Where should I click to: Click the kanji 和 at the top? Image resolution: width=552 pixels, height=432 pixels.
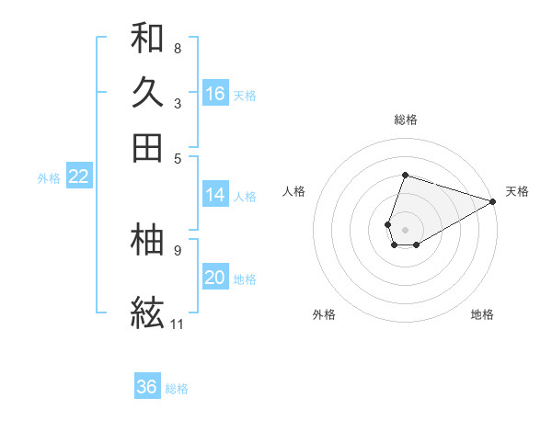pyautogui.click(x=147, y=38)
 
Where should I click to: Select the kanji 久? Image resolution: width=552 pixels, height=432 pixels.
pyautogui.click(x=147, y=92)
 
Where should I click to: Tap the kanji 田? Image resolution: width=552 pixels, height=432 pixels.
pyautogui.click(x=147, y=147)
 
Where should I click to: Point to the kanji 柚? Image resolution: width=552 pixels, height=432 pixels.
pyautogui.click(x=147, y=239)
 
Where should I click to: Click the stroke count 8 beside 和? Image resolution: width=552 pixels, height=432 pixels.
pyautogui.click(x=177, y=48)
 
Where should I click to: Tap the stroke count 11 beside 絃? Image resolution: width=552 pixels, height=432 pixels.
pyautogui.click(x=177, y=324)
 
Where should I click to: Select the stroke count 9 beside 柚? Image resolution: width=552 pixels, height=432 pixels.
pyautogui.click(x=177, y=249)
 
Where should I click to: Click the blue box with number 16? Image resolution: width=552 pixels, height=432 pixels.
pyautogui.click(x=215, y=93)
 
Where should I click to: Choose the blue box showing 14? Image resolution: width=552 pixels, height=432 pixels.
pyautogui.click(x=215, y=194)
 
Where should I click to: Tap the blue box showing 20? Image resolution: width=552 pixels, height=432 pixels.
pyautogui.click(x=215, y=278)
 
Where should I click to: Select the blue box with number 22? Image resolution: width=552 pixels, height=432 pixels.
pyautogui.click(x=78, y=176)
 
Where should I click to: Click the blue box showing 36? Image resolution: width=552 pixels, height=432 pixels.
pyautogui.click(x=147, y=387)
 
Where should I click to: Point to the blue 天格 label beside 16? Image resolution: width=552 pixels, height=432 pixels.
pyautogui.click(x=245, y=95)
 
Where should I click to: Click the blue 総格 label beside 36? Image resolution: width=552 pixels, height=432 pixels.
pyautogui.click(x=177, y=389)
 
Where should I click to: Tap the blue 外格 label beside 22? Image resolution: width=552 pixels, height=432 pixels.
pyautogui.click(x=49, y=178)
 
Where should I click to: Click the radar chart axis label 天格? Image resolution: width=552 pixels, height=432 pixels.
pyautogui.click(x=517, y=191)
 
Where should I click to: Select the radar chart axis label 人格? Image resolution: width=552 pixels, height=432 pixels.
pyautogui.click(x=294, y=191)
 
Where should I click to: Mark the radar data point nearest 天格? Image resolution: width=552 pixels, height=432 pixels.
pyautogui.click(x=493, y=201)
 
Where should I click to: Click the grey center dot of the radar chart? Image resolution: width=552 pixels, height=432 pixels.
pyautogui.click(x=405, y=229)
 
